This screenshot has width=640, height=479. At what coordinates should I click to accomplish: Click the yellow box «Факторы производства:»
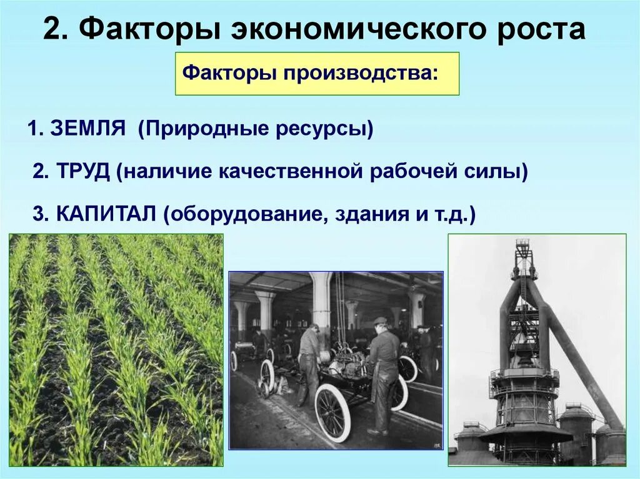[x=317, y=74]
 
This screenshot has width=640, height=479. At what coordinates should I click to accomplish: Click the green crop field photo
[x=116, y=350]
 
